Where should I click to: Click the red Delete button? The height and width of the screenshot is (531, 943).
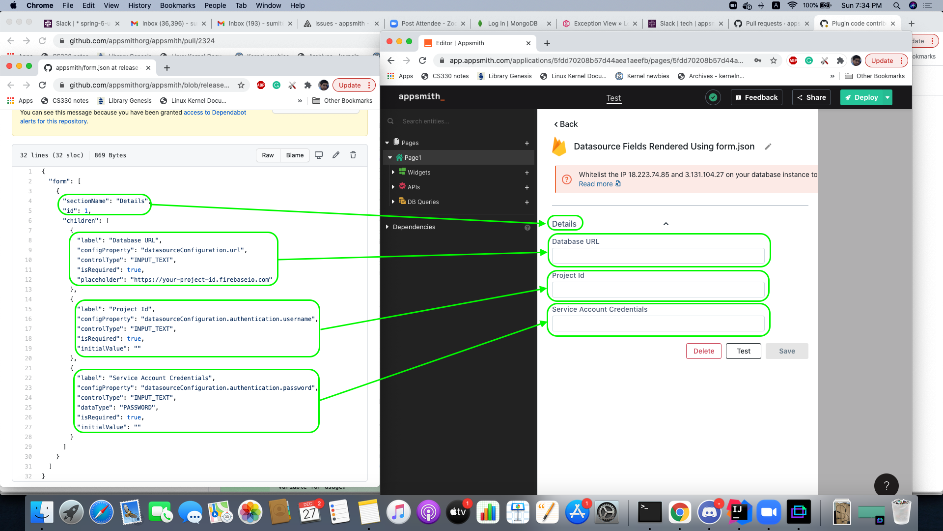pyautogui.click(x=703, y=351)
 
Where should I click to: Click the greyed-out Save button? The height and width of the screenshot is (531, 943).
pyautogui.click(x=786, y=351)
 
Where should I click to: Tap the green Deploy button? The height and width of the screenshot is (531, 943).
pyautogui.click(x=862, y=97)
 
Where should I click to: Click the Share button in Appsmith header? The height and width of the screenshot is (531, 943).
pyautogui.click(x=811, y=97)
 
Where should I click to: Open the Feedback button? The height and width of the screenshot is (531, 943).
pyautogui.click(x=756, y=97)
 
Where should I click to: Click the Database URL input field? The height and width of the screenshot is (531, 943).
pyautogui.click(x=658, y=256)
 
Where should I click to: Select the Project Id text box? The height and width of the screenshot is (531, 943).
pyautogui.click(x=658, y=290)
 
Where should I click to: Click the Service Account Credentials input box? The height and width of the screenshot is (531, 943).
pyautogui.click(x=658, y=324)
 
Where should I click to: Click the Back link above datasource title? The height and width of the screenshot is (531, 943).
pyautogui.click(x=566, y=124)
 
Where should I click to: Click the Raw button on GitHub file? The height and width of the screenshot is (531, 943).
pyautogui.click(x=268, y=155)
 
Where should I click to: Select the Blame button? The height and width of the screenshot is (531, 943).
pyautogui.click(x=295, y=155)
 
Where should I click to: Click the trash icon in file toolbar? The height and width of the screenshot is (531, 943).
pyautogui.click(x=353, y=155)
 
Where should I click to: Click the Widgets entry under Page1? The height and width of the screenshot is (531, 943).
pyautogui.click(x=418, y=173)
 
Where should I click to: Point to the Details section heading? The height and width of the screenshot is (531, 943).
pyautogui.click(x=564, y=224)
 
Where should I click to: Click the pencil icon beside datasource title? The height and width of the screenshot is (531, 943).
pyautogui.click(x=768, y=147)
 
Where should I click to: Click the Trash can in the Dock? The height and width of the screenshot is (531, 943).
pyautogui.click(x=901, y=512)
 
